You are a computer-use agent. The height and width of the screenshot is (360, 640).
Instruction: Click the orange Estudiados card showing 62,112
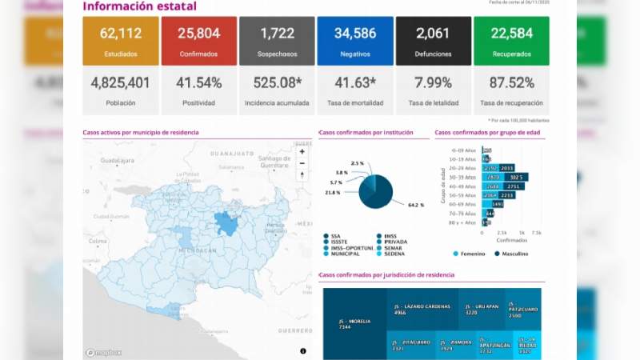tap(121, 41)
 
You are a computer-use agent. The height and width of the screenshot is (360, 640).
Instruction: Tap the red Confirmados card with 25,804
tap(198, 41)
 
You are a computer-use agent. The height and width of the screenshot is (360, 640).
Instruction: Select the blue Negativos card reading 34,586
tap(354, 41)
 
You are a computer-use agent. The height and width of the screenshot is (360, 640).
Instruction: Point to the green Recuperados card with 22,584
tap(511, 41)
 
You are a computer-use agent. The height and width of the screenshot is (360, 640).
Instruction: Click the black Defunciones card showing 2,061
tap(433, 41)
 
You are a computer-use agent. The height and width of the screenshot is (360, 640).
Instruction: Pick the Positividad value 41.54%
tap(198, 83)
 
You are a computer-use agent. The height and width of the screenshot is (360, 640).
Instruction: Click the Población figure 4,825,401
tap(121, 83)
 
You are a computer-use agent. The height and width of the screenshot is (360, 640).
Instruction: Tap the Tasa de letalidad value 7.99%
tap(433, 83)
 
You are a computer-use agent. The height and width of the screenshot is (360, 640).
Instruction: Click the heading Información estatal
tap(139, 7)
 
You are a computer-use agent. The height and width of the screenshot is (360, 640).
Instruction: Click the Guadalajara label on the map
tap(117, 160)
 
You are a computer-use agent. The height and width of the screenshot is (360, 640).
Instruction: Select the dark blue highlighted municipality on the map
tap(227, 225)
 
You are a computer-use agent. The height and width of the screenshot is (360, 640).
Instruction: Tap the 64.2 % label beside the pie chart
tap(415, 205)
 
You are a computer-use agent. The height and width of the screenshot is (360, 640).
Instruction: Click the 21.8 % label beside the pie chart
tap(332, 193)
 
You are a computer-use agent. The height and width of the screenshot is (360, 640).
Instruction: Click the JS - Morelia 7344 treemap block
tap(355, 323)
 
